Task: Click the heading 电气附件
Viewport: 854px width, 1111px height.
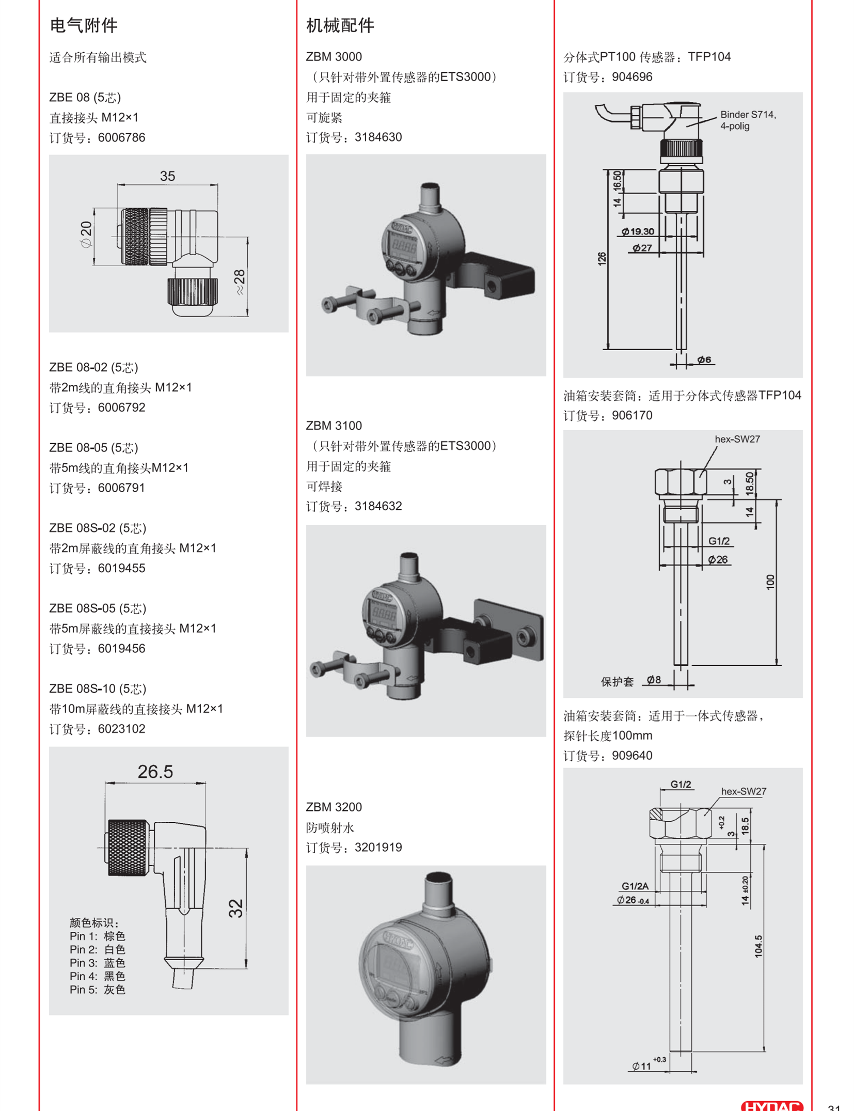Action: click(x=83, y=25)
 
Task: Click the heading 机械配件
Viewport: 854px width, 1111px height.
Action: click(x=340, y=25)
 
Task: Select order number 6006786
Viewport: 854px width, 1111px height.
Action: click(x=121, y=138)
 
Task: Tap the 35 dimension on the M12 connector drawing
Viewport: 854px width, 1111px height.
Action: click(x=167, y=176)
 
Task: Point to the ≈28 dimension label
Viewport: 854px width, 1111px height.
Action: click(x=240, y=282)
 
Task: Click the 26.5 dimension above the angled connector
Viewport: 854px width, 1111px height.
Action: click(x=155, y=772)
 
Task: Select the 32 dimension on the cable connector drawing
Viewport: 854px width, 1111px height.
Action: click(x=235, y=909)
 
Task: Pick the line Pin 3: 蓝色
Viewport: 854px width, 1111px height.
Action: click(x=98, y=963)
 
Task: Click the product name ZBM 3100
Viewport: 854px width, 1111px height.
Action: click(x=334, y=426)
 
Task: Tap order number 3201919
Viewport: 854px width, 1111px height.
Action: click(x=378, y=848)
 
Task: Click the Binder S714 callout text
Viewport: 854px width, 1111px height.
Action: click(x=748, y=120)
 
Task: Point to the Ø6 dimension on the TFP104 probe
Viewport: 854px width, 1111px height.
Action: click(x=704, y=359)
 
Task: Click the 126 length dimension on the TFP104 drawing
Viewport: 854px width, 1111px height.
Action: click(x=602, y=259)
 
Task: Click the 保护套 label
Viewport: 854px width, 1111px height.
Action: click(x=617, y=682)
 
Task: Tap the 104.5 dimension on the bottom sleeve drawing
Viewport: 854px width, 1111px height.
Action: click(x=758, y=946)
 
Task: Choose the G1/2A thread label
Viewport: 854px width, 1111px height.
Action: click(x=635, y=886)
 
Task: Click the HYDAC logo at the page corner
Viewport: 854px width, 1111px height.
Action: click(x=772, y=1106)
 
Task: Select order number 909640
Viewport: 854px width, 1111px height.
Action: click(x=632, y=756)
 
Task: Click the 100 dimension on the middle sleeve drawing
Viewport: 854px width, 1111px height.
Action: click(x=770, y=582)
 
